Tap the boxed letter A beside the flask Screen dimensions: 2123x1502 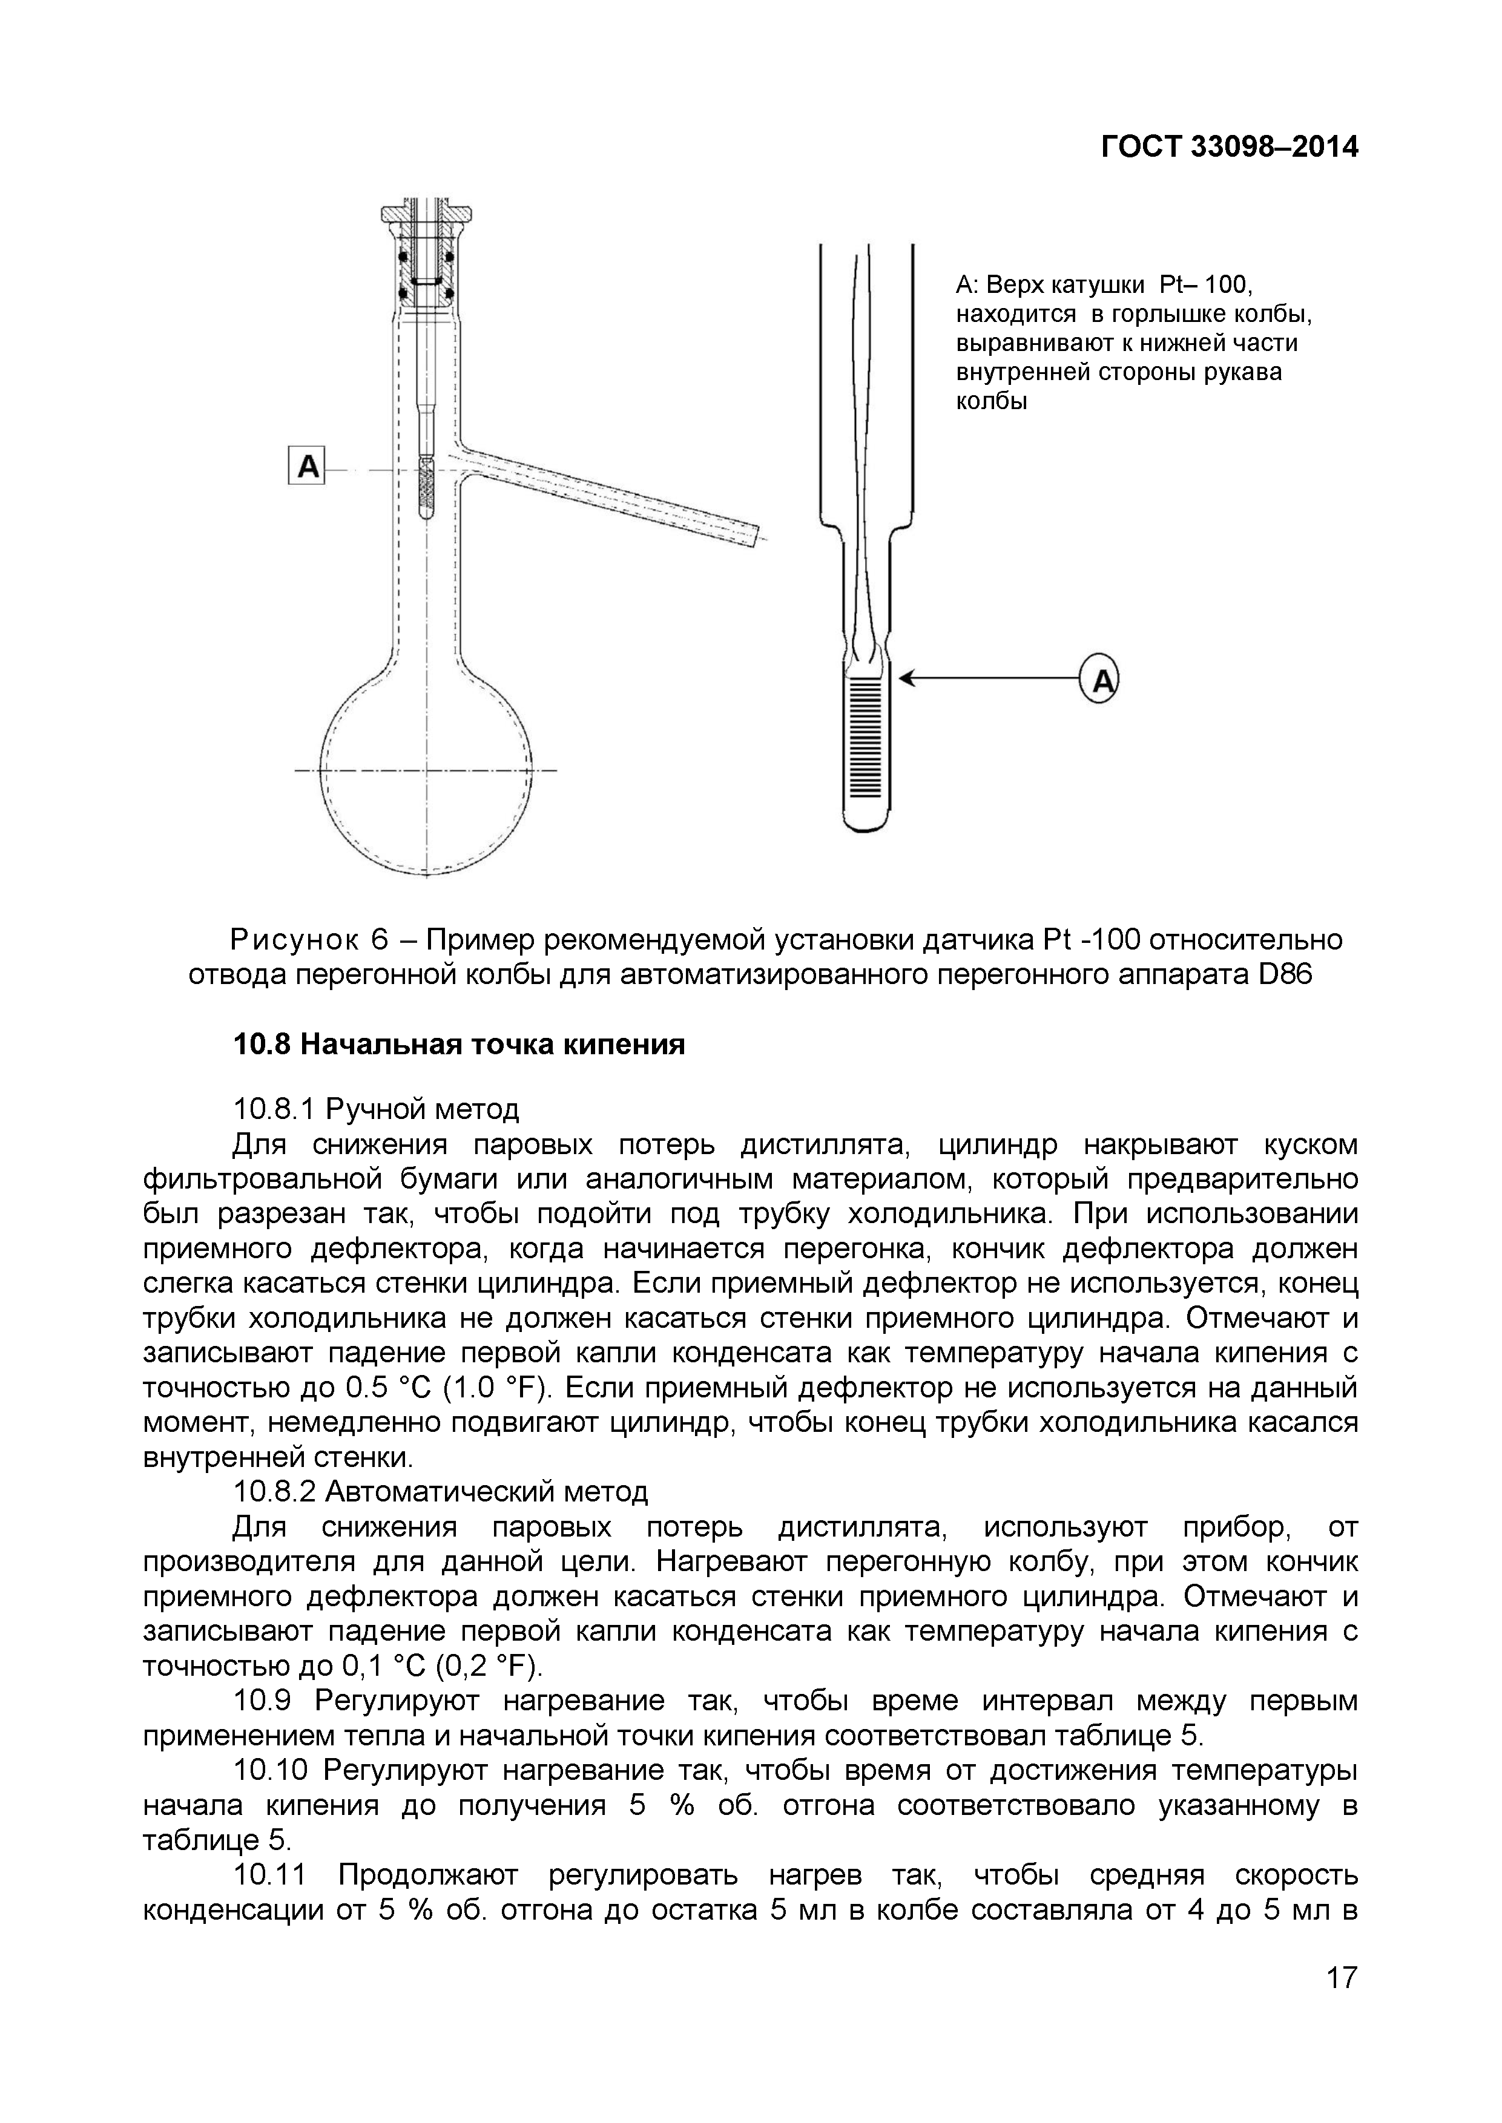click(x=307, y=465)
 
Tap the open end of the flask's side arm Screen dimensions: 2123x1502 click(x=760, y=536)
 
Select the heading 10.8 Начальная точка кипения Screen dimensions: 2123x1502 click(x=459, y=1045)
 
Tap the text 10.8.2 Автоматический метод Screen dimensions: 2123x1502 click(x=440, y=1491)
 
